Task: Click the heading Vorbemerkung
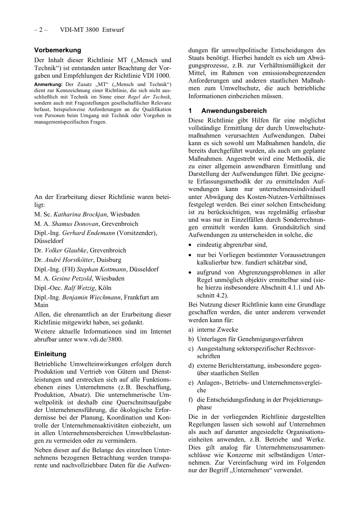(x=58, y=50)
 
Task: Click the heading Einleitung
(x=50, y=354)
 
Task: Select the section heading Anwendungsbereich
(x=234, y=111)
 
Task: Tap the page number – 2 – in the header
(x=41, y=30)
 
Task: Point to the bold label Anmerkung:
(x=48, y=85)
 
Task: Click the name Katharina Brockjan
(x=80, y=215)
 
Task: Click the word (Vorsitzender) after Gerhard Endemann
(x=136, y=233)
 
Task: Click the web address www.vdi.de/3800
(x=98, y=340)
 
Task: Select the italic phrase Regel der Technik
(x=149, y=97)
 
